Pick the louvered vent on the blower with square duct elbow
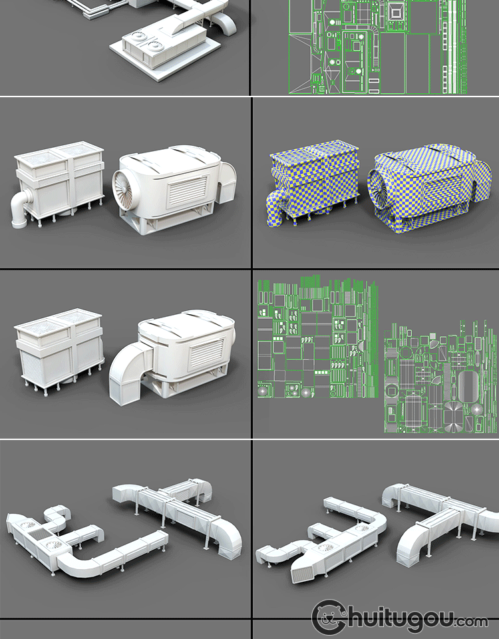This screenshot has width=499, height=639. pyautogui.click(x=207, y=353)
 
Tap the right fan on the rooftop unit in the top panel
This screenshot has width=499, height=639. pyautogui.click(x=156, y=46)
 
